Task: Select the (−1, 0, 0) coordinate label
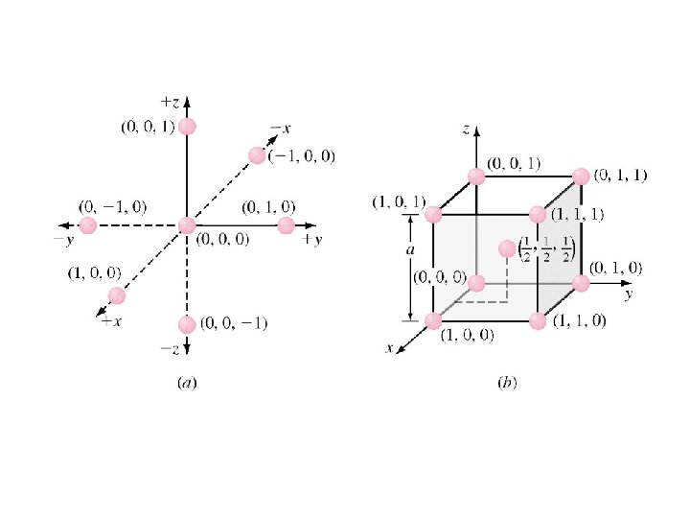click(x=302, y=156)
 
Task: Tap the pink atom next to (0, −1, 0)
click(x=87, y=225)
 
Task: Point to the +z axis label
click(x=170, y=103)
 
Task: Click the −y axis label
click(x=64, y=241)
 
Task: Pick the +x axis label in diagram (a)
click(x=111, y=321)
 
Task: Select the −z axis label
click(x=170, y=349)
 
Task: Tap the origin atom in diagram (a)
click(x=187, y=225)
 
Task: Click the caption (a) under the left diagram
click(x=187, y=383)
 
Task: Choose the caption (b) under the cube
click(x=507, y=383)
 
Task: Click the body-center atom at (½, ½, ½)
click(x=507, y=248)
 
